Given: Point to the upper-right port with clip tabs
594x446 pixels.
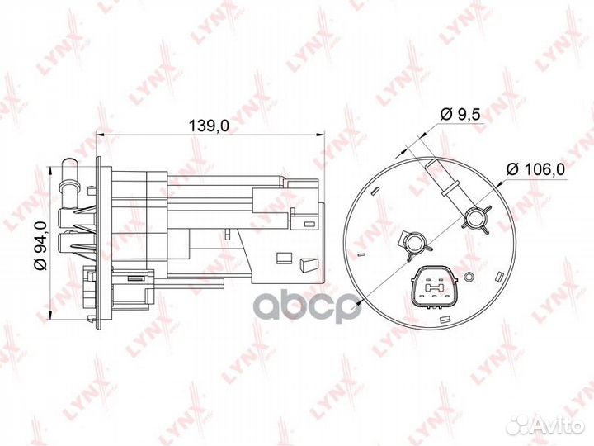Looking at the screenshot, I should (476, 218).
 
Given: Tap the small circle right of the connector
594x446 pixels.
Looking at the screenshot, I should (468, 277).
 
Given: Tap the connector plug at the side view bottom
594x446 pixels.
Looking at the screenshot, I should (115, 293).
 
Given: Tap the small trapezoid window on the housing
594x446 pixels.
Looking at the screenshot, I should (308, 264).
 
